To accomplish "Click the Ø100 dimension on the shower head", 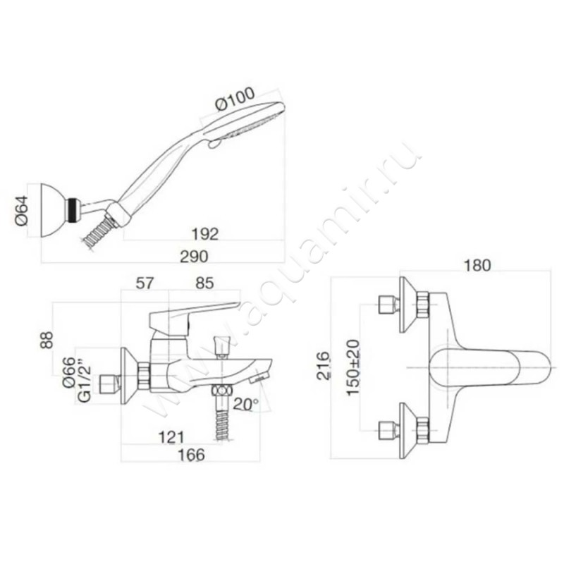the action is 235,99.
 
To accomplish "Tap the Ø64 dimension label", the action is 22,210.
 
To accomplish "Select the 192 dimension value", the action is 204,234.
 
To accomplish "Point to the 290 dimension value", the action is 195,257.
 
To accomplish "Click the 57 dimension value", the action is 145,283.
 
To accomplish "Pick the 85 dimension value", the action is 204,283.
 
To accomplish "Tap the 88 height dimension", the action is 47,340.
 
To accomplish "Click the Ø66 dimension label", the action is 68,372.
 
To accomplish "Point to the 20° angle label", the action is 246,404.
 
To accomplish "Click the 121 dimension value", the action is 171,437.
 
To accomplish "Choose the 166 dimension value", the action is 191,455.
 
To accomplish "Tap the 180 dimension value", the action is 477,266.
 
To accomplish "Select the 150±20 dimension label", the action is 353,367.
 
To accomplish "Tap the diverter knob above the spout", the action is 221,347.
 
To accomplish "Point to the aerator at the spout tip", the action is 259,377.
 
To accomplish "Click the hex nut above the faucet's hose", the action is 221,391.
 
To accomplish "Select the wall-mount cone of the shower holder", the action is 54,210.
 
